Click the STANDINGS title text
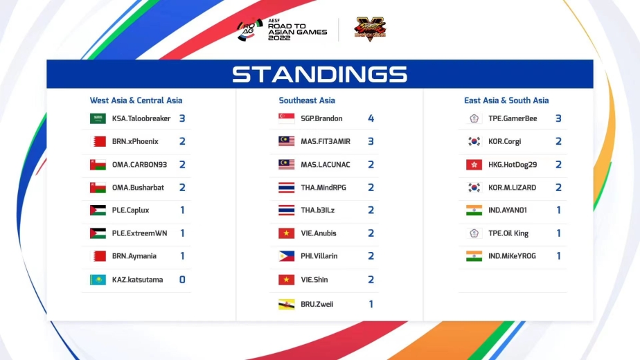[x=319, y=74]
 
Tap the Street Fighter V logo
[x=370, y=28]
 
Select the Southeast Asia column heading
[x=307, y=100]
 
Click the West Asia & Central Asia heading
[x=136, y=100]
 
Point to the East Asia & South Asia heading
[x=506, y=100]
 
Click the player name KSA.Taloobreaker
[x=141, y=118]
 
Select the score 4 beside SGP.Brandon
[x=371, y=118]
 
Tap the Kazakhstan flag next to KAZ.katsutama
[x=98, y=280]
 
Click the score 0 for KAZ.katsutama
[x=182, y=280]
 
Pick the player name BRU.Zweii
[x=317, y=304]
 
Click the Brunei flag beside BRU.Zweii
[x=287, y=305]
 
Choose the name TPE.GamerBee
[x=513, y=118]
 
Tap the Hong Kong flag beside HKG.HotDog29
[x=474, y=165]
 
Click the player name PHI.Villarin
[x=319, y=256]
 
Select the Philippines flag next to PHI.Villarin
[x=287, y=256]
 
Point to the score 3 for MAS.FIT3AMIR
[x=371, y=141]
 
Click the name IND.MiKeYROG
[x=512, y=256]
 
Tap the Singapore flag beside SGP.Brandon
[x=287, y=118]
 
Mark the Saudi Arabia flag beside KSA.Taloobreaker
[x=98, y=118]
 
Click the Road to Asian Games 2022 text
[x=297, y=31]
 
